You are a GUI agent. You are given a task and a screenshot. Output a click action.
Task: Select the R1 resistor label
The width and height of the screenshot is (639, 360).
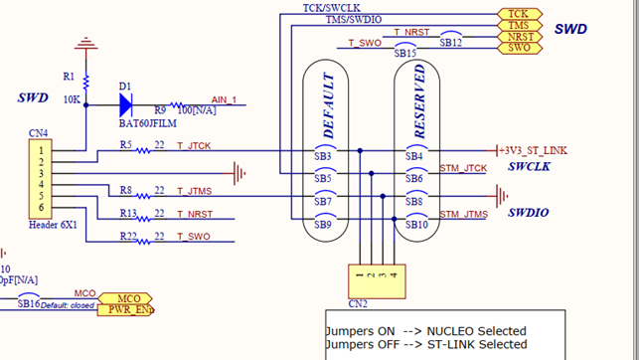coord(68,77)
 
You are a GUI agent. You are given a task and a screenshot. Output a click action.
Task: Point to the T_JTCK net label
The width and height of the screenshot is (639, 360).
coord(195,145)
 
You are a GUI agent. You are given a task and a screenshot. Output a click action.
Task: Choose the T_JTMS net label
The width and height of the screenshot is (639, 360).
coord(195,191)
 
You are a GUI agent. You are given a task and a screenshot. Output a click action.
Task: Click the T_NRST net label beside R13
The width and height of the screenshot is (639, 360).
coord(196,214)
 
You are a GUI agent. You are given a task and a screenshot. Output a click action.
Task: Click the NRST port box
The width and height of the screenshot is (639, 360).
coord(519,37)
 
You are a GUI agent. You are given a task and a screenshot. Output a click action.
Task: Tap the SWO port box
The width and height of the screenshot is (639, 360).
coord(518,48)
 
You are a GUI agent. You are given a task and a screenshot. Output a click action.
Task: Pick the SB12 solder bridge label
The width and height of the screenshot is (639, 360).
coord(450,43)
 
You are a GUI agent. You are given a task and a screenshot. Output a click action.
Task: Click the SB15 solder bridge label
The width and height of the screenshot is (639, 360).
coord(405,53)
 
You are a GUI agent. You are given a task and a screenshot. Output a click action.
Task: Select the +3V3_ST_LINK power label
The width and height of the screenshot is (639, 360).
coord(534,150)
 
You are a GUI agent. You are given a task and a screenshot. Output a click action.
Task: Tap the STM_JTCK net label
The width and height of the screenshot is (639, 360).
coord(463,168)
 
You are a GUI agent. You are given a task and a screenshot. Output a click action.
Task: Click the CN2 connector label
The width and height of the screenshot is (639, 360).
coord(358,303)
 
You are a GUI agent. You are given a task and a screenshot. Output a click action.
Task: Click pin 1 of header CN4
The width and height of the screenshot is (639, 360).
coord(41,150)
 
